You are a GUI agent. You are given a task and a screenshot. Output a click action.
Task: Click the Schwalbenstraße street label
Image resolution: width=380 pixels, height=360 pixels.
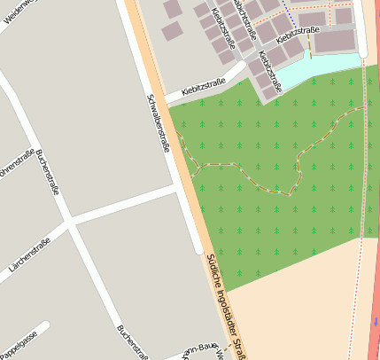pyautogui.click(x=159, y=123)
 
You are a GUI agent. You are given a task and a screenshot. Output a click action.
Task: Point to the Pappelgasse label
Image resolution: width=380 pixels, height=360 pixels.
pyautogui.click(x=19, y=341)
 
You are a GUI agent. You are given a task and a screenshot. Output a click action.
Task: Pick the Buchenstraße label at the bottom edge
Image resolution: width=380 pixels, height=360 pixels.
pyautogui.click(x=132, y=342)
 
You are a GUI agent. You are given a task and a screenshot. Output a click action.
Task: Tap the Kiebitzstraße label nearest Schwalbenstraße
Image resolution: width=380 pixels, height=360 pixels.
pyautogui.click(x=203, y=87)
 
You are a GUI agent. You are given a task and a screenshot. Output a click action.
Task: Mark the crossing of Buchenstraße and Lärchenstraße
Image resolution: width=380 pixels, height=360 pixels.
pyautogui.click(x=69, y=221)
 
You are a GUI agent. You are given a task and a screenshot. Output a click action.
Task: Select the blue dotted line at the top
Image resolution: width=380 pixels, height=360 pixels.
pyautogui.click(x=289, y=10)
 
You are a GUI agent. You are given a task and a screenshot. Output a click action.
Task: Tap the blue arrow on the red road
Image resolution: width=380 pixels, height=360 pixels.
pyautogui.click(x=375, y=320)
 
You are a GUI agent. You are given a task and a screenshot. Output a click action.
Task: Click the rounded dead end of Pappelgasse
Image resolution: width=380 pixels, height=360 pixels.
pyautogui.click(x=44, y=327)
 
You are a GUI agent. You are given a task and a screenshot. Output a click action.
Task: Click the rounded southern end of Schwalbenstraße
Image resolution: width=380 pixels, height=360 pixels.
pyautogui.click(x=197, y=248)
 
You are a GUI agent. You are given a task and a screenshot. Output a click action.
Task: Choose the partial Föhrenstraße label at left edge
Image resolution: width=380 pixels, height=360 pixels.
pyautogui.click(x=18, y=164)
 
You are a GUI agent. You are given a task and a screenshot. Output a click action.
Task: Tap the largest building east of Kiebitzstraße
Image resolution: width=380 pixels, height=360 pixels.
pyautogui.click(x=334, y=41)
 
